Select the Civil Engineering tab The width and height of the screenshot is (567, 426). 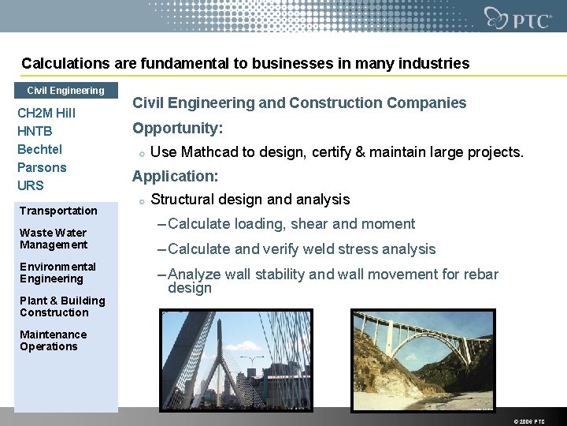tap(65, 91)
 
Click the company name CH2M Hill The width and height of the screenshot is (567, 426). tap(46, 114)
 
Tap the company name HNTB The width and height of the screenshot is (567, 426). tap(35, 132)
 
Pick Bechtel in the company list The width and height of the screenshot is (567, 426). tap(39, 149)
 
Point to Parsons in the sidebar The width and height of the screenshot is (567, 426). tap(42, 167)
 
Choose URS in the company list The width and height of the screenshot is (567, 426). tap(31, 185)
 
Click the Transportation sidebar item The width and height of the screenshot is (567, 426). tap(58, 211)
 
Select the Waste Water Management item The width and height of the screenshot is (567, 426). tap(53, 238)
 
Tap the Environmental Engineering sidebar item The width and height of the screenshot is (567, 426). tap(57, 272)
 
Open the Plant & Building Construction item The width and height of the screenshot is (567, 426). tap(62, 306)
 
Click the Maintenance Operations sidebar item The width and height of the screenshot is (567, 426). tap(53, 340)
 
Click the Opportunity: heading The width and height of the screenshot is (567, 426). tap(177, 128)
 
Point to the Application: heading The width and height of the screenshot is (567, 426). tap(175, 177)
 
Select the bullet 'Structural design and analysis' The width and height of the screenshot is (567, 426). tap(250, 200)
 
